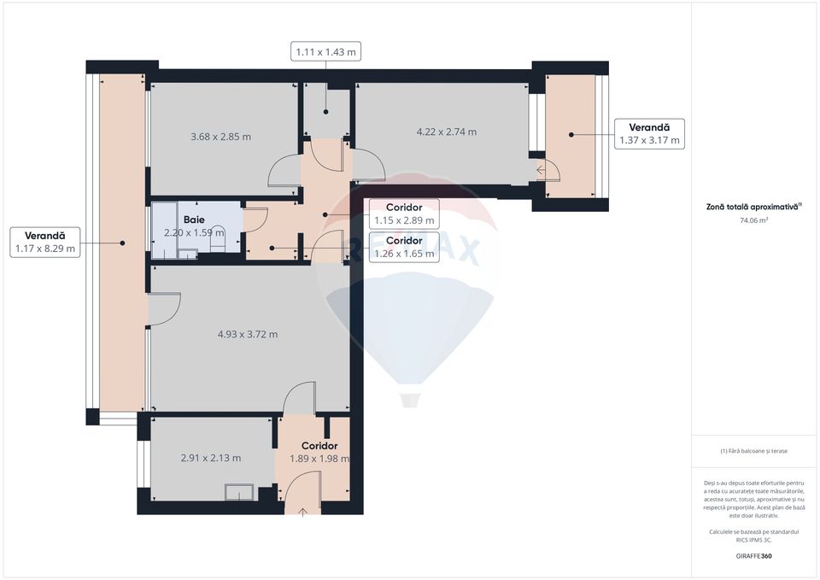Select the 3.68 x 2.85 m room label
(x=220, y=137)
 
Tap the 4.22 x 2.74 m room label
(x=446, y=132)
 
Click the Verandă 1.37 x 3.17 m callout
(x=650, y=134)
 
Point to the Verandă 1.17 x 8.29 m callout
(x=45, y=243)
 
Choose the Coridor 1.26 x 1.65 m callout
(x=404, y=247)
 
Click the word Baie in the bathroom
(x=194, y=220)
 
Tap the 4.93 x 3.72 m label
(x=248, y=334)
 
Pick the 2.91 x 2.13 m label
(x=211, y=458)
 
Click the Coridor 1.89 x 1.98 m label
(x=319, y=452)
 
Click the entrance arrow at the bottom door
(x=305, y=511)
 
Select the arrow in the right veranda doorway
(x=542, y=170)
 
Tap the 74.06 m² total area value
(x=754, y=220)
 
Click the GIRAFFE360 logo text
(x=754, y=555)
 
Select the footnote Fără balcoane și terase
(x=754, y=452)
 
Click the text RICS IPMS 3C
(x=754, y=539)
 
